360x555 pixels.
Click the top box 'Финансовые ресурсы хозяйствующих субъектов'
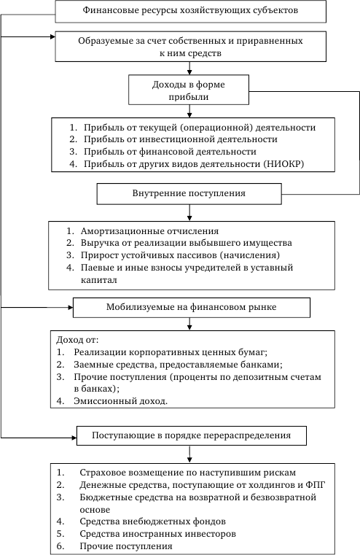191,12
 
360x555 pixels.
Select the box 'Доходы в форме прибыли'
189,90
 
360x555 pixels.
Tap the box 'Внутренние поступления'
189,193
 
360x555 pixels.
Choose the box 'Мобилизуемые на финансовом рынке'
192,307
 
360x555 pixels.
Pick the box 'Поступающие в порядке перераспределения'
192,435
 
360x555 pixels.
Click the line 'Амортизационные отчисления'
149,231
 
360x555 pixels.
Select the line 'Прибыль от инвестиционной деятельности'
180,139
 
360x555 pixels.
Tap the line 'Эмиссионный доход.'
120,401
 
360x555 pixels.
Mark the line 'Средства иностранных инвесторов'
157,533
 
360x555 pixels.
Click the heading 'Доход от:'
77,340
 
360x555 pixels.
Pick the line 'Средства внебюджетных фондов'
152,521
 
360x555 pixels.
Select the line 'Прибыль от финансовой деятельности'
170,152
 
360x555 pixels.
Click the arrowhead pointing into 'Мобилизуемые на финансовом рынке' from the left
71,308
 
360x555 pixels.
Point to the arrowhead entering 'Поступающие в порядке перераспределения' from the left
74,438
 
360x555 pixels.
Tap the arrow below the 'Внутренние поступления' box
189,213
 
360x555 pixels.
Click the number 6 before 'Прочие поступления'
60,546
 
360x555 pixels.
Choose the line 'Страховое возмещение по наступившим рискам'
187,473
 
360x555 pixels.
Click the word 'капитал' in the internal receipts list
98,280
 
